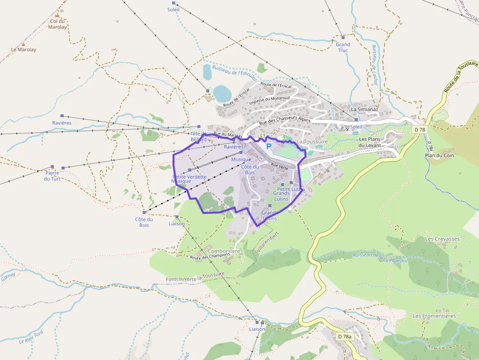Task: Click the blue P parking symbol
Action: tap(268, 146)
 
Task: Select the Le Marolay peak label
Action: tap(23, 50)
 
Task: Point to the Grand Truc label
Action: tap(343, 47)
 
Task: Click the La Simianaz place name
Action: tap(365, 109)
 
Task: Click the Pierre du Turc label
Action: tap(52, 176)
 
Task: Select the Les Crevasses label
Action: tap(442, 239)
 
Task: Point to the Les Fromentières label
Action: tap(434, 316)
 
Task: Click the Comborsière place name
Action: tap(224, 251)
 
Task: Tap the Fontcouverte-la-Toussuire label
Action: tap(195, 277)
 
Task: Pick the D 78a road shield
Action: tap(344, 337)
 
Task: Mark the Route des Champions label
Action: tap(210, 256)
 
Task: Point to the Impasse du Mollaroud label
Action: tap(269, 100)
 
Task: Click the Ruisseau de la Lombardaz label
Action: tap(380, 257)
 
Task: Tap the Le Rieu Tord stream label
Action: tap(31, 337)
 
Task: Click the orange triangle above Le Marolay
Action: tap(23, 44)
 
